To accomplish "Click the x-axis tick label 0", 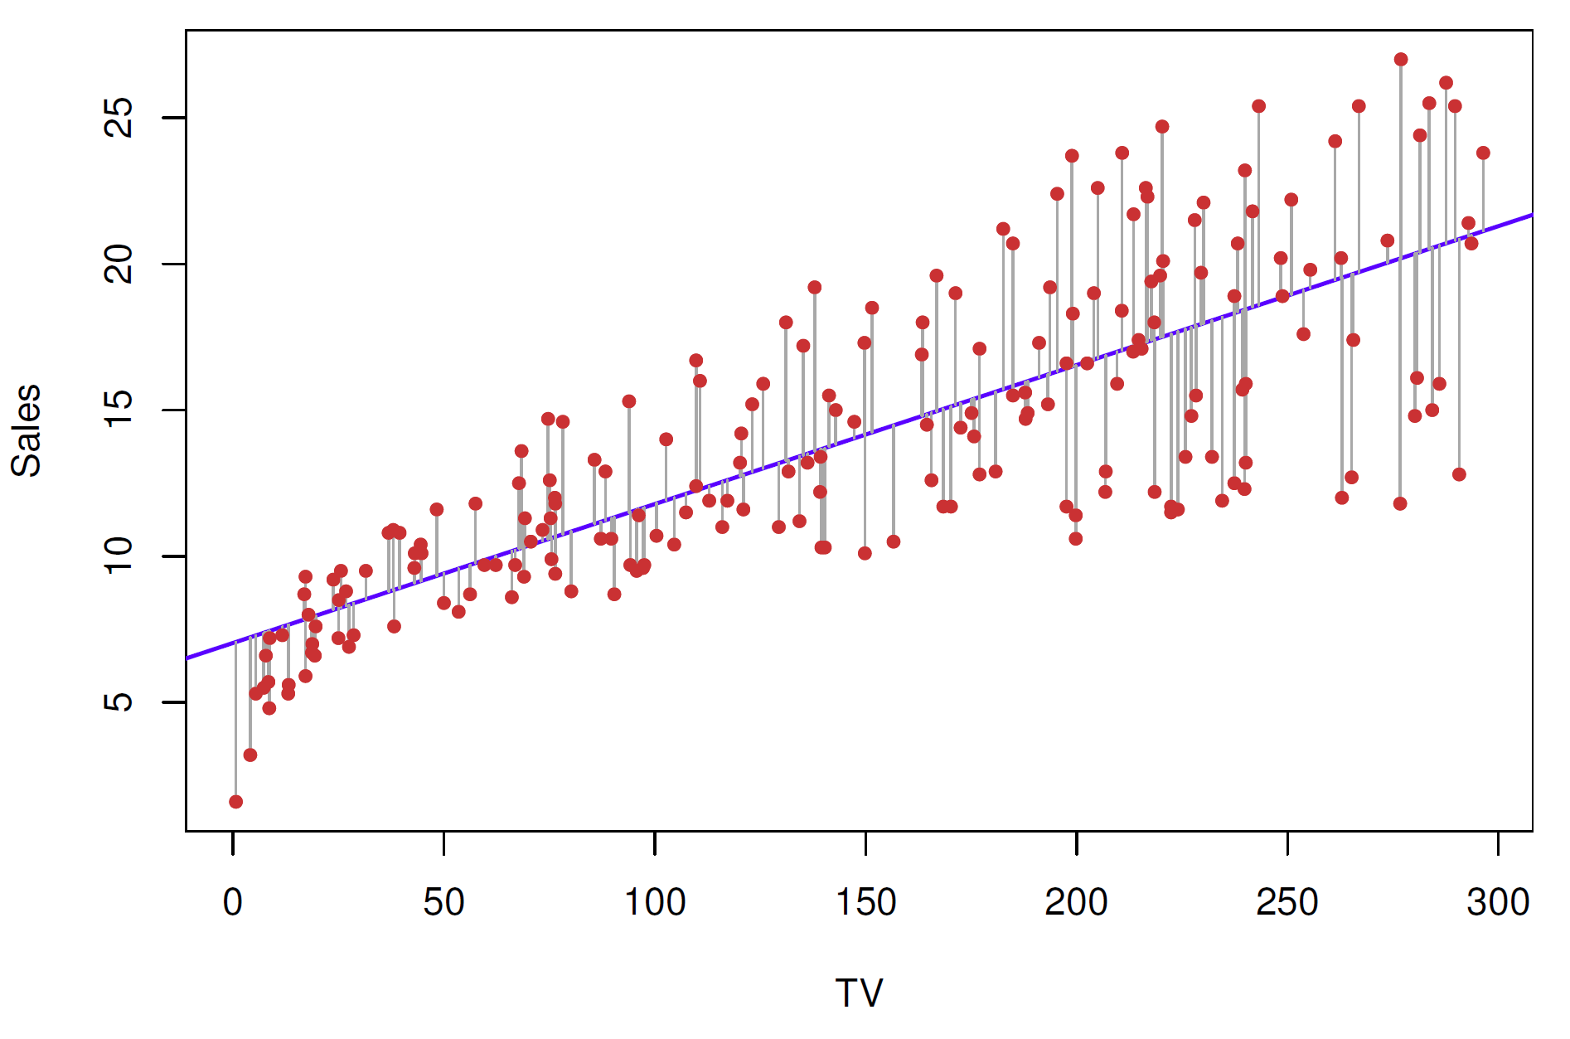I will (233, 903).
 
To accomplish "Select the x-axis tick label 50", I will (443, 903).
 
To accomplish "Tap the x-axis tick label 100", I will (654, 903).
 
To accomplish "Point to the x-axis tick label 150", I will (865, 903).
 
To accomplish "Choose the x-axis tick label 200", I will (1076, 903).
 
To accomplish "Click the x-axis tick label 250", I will (1287, 903).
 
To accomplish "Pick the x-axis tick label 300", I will (1497, 903).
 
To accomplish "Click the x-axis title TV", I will (859, 993).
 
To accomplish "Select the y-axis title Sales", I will (27, 430).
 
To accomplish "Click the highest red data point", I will (1401, 60).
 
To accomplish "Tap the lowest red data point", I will (236, 802).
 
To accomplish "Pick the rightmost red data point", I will (1483, 153).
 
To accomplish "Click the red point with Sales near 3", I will (250, 755).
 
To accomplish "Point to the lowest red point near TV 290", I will (1459, 474).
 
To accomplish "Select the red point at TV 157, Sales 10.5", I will (893, 541).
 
